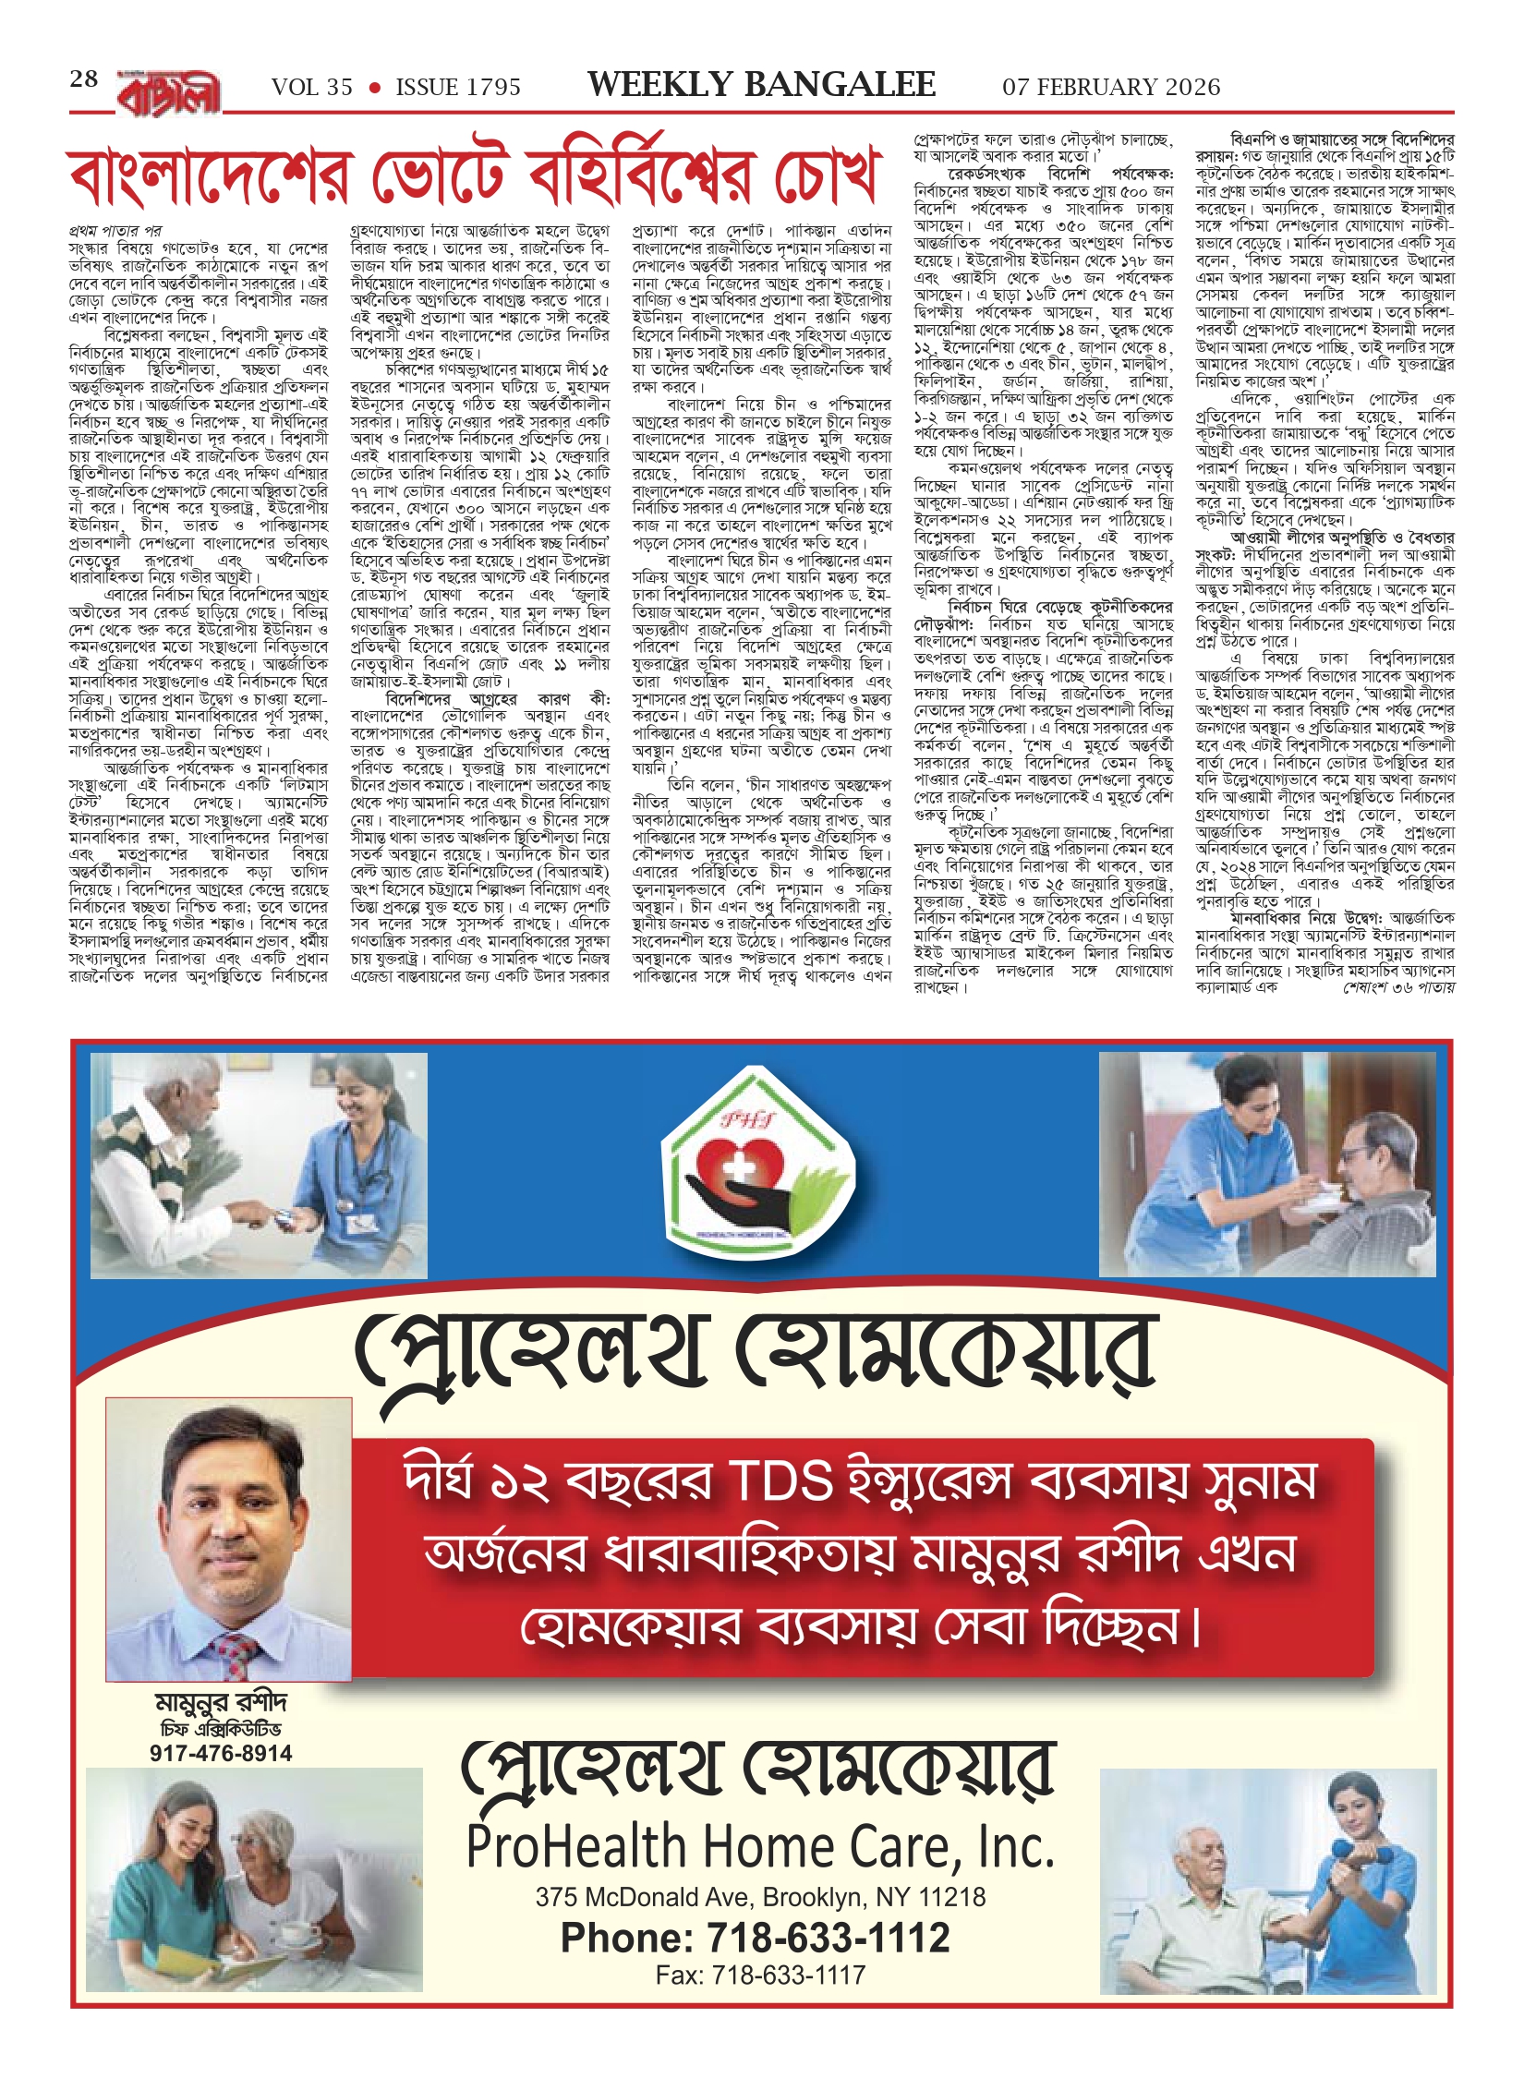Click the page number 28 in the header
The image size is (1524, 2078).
coord(84,79)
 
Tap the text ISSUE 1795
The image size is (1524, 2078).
coord(458,88)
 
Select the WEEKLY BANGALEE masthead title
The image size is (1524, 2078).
coord(761,85)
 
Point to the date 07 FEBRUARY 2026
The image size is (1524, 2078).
coord(1111,88)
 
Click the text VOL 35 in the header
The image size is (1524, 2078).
coord(312,88)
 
